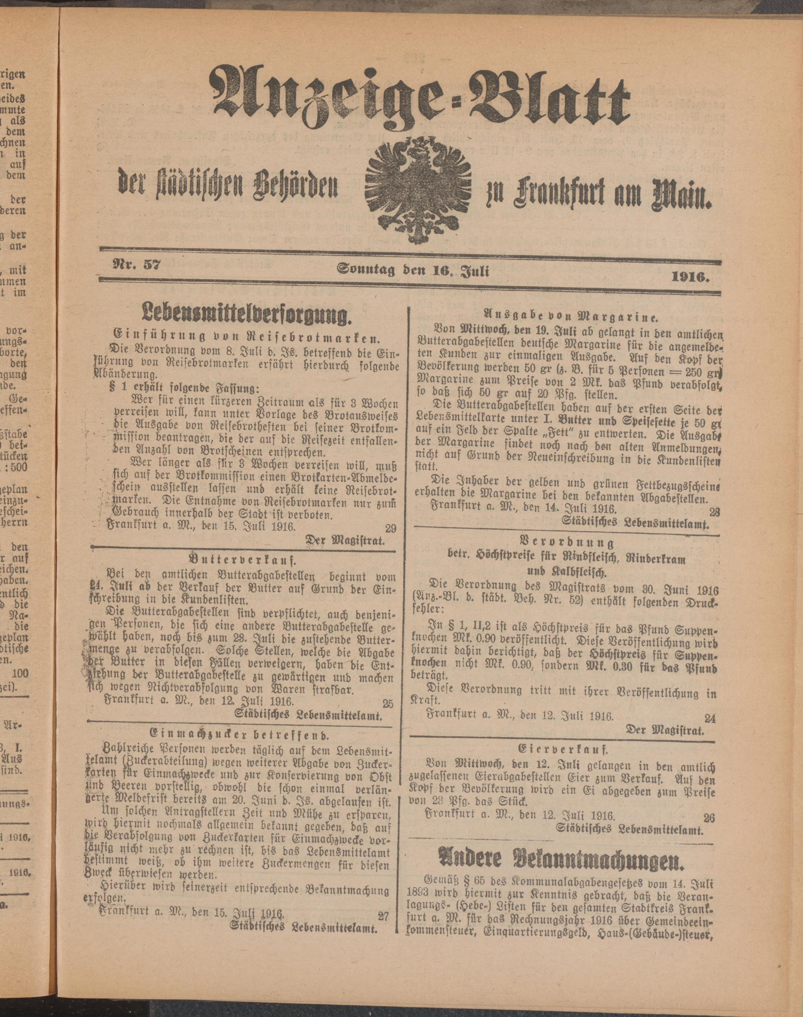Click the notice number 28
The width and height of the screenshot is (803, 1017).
(715, 511)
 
